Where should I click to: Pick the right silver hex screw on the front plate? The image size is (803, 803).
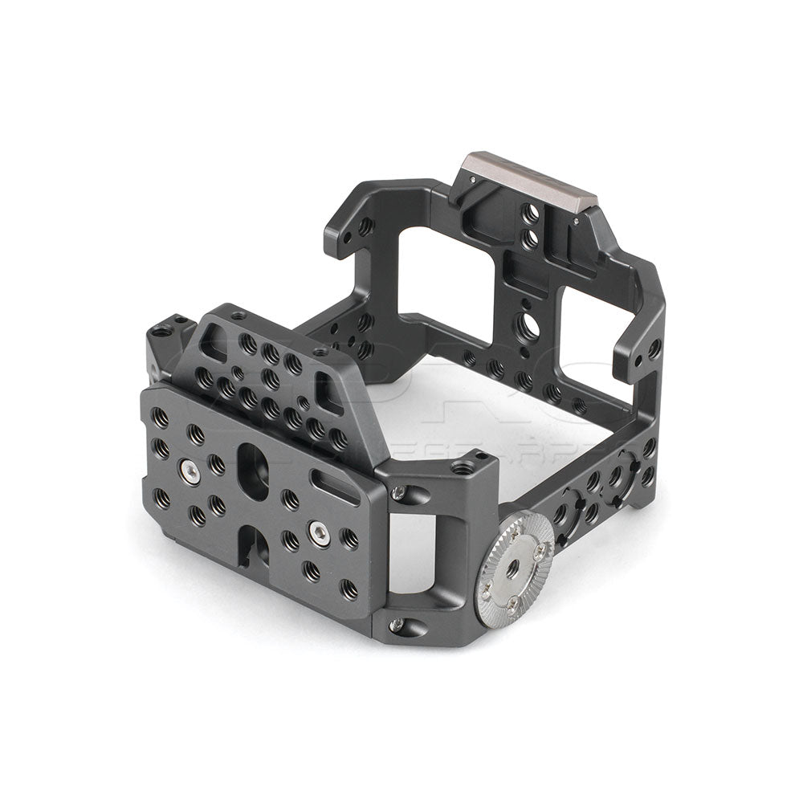[x=319, y=532]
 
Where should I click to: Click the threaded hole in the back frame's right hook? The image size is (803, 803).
[x=654, y=348]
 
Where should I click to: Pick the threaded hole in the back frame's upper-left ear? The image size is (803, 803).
[x=365, y=226]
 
